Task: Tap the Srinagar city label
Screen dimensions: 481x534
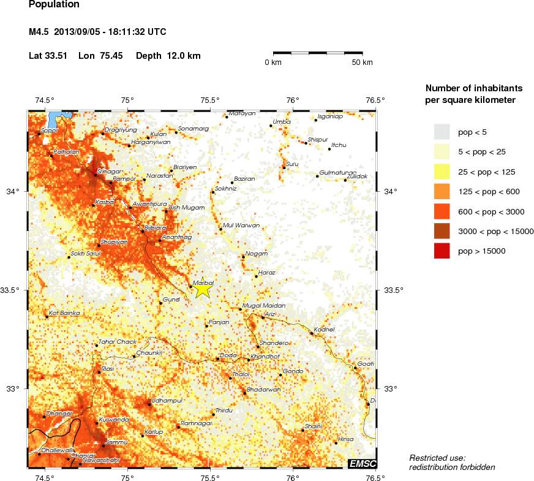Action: pos(110,172)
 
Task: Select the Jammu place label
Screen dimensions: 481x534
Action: pos(116,442)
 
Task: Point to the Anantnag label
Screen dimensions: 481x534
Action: pos(178,237)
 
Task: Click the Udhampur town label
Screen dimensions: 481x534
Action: pos(167,400)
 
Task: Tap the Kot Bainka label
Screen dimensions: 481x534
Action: pos(64,312)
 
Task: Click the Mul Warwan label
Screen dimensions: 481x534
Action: pos(242,225)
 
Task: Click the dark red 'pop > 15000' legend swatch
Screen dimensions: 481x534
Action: pos(442,251)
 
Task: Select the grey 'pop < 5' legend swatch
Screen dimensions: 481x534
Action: pos(442,132)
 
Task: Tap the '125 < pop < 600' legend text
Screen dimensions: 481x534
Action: pos(489,192)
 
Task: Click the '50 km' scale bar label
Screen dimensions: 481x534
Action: pos(362,62)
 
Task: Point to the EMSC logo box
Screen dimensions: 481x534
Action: pos(362,464)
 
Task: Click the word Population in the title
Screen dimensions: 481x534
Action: pos(54,5)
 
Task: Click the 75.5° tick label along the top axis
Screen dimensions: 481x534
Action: pos(210,100)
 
